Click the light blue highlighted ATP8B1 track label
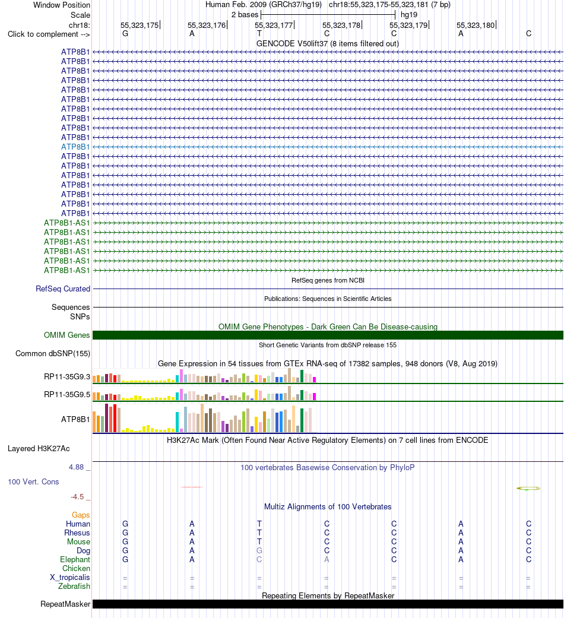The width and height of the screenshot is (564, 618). tap(75, 147)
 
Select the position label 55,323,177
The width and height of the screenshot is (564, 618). tap(274, 25)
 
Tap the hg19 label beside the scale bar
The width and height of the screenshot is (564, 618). tap(408, 15)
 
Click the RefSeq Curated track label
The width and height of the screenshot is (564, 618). tap(63, 289)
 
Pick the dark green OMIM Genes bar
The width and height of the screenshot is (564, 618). tap(328, 335)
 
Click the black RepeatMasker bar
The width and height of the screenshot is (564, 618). tap(328, 604)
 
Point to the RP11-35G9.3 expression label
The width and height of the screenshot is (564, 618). tap(67, 377)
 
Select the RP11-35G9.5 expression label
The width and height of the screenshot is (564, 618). tap(67, 395)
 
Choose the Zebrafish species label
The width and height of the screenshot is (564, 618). tap(74, 586)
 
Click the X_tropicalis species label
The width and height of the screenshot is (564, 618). tap(70, 578)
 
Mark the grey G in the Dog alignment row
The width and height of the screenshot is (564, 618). tap(259, 550)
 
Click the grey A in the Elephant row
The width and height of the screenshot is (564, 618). tap(327, 559)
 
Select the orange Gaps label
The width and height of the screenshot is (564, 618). tap(81, 515)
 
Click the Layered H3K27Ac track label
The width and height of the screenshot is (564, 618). tap(39, 449)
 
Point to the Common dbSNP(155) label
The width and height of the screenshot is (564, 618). tap(53, 354)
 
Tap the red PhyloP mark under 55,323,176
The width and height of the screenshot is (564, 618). tap(192, 487)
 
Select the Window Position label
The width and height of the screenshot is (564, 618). tap(62, 5)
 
